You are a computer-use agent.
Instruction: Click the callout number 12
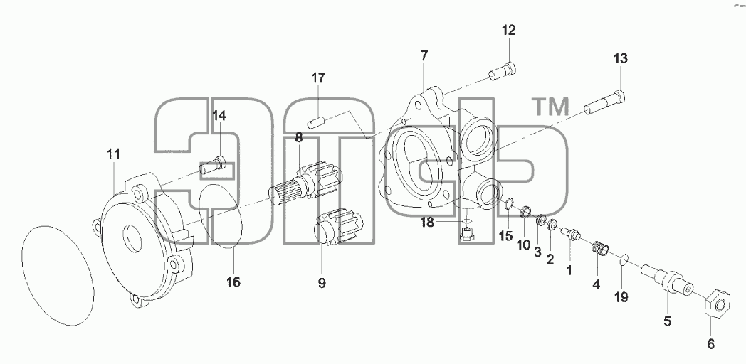pos(508,31)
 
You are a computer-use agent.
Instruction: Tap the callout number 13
pos(621,59)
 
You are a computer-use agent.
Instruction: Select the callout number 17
pos(318,78)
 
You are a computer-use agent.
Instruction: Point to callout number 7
pos(424,55)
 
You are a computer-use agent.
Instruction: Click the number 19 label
pos(621,297)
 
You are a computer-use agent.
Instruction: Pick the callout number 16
pos(233,282)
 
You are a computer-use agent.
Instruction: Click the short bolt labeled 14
pos(212,164)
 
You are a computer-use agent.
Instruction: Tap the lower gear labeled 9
pos(339,228)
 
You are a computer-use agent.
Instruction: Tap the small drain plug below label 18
pos(466,233)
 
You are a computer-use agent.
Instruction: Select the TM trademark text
pos(550,107)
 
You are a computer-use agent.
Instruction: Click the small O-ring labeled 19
pos(623,260)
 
